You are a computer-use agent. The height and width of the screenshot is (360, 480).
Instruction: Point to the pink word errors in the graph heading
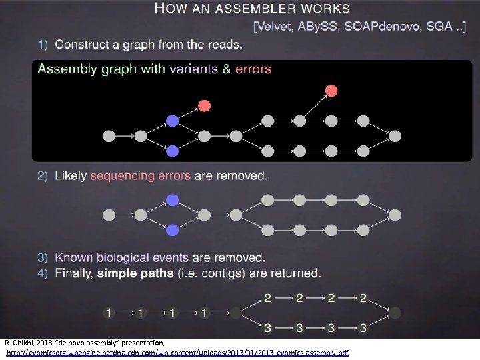coord(253,69)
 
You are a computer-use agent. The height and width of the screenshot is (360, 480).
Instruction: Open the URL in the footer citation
coord(177,352)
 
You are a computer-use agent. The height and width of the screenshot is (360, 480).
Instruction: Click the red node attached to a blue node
coord(204,105)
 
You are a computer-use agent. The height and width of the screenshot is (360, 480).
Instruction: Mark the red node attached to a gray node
coord(331,91)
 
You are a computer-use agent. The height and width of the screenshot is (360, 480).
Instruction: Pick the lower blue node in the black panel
coord(173,151)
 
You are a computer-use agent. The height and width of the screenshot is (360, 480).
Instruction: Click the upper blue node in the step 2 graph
coord(173,200)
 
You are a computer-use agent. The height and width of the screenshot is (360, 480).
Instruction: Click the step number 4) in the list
coord(43,273)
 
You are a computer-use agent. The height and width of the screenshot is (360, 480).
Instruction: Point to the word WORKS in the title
coord(325,9)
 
